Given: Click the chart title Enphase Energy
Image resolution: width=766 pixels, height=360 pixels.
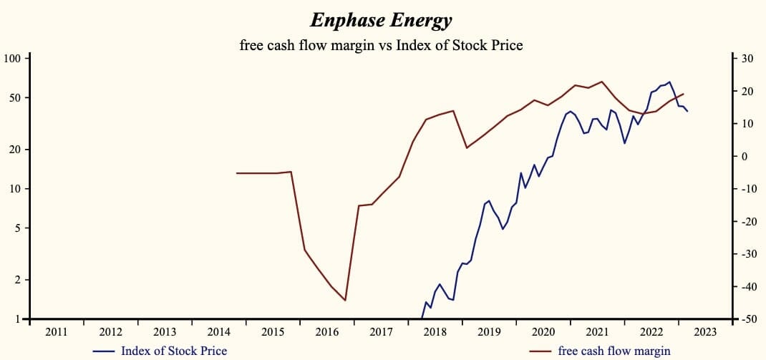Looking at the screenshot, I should (x=381, y=20).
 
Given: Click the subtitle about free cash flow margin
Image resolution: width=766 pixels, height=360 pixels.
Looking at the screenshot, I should (x=382, y=45).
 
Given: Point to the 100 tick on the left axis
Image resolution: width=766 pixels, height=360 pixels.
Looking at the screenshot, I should (x=14, y=58).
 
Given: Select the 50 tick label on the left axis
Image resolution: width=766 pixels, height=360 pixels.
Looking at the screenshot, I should (x=16, y=97).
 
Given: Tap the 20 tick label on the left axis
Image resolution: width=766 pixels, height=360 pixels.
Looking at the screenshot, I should (x=16, y=150).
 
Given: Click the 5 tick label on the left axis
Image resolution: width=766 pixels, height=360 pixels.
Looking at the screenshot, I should (x=19, y=228).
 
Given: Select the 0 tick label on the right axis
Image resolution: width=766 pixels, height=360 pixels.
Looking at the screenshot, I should (x=745, y=157).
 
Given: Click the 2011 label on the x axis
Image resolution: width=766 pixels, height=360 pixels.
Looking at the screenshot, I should (x=57, y=332).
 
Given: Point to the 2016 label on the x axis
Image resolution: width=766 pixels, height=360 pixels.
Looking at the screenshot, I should (x=327, y=332).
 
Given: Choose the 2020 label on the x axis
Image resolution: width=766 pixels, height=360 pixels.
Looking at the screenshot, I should (x=543, y=332).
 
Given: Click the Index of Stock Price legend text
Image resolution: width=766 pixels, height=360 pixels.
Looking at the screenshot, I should (x=174, y=351).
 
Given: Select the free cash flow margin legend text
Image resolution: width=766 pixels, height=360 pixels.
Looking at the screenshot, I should (x=614, y=351).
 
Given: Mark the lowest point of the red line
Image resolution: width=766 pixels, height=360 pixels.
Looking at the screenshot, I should (x=345, y=301).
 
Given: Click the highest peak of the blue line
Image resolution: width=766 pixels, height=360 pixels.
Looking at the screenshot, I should (x=669, y=82).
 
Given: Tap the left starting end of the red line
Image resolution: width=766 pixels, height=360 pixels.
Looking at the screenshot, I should (x=237, y=173).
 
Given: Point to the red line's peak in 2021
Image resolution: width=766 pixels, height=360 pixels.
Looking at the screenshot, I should (x=601, y=82).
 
